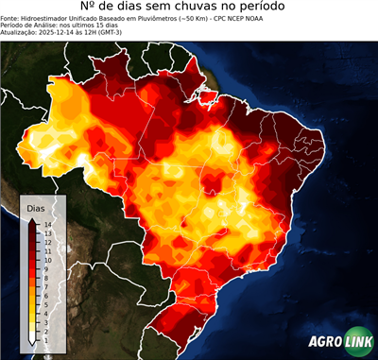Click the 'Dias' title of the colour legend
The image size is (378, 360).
(35, 207)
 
